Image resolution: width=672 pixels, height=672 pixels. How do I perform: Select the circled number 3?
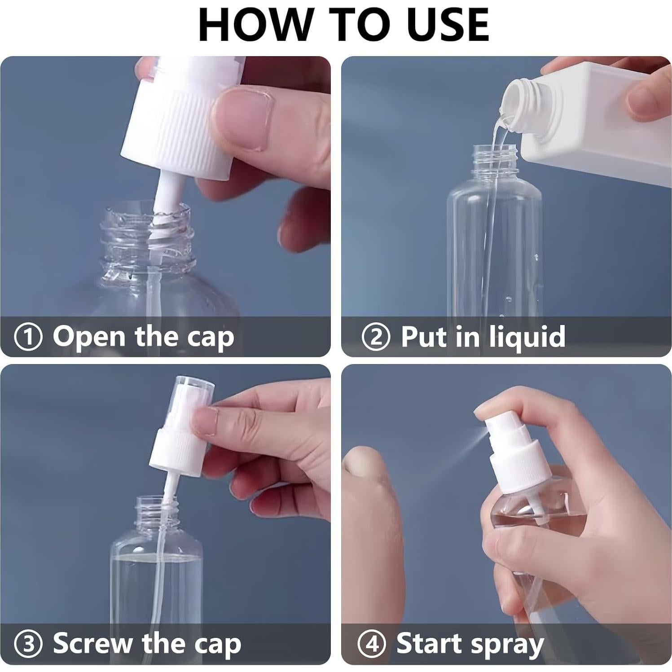[x=28, y=644]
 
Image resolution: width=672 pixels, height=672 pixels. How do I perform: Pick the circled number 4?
[x=372, y=644]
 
